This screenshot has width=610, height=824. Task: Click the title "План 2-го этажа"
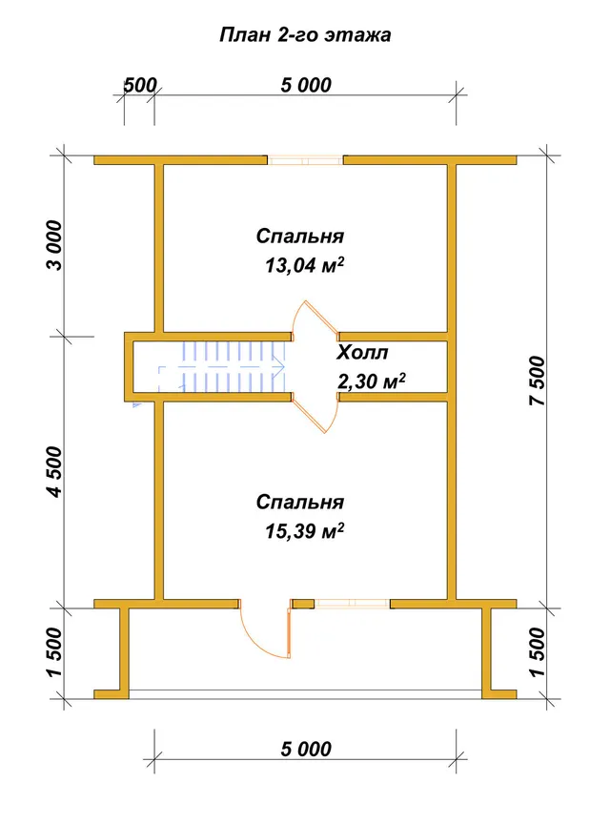click(x=305, y=34)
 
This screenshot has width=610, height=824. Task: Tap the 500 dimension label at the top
click(x=140, y=85)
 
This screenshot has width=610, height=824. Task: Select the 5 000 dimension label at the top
click(x=306, y=85)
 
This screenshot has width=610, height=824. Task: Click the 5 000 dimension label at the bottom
click(x=306, y=749)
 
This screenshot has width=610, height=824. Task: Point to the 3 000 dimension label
click(x=54, y=245)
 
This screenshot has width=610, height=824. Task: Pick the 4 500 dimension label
click(x=54, y=471)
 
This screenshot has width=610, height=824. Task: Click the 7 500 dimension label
click(x=538, y=381)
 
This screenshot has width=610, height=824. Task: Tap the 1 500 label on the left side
click(x=54, y=652)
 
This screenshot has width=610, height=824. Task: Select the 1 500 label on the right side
click(x=538, y=652)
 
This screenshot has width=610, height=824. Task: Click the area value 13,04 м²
click(x=304, y=265)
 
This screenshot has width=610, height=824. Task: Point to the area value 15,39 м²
click(x=304, y=531)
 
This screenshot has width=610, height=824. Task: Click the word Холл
click(x=362, y=352)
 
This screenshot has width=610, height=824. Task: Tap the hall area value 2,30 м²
click(x=371, y=381)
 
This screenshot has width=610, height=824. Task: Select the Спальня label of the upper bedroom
click(x=300, y=237)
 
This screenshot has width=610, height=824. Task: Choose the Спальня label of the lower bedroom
click(x=300, y=503)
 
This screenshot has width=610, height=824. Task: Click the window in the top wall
click(x=305, y=160)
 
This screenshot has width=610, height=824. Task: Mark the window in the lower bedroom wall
click(x=352, y=604)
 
